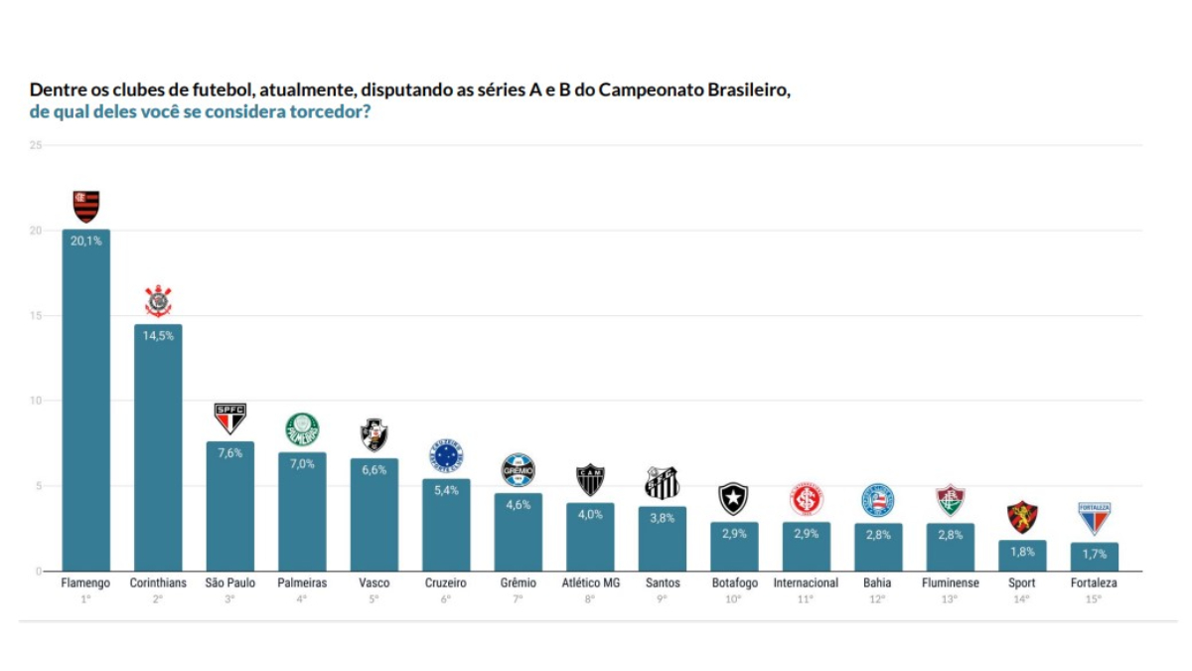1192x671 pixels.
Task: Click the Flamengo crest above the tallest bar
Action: tap(86, 206)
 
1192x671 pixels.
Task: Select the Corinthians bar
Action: tap(158, 448)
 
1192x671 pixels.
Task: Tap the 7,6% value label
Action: tap(229, 453)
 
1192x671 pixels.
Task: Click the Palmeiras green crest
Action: tap(302, 429)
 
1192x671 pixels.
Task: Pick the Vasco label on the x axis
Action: tap(374, 584)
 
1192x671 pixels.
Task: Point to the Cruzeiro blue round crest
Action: tap(446, 456)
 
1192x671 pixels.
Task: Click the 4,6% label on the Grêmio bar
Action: tap(519, 505)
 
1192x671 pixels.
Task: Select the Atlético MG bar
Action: tap(590, 538)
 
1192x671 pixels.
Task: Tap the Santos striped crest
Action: tap(662, 483)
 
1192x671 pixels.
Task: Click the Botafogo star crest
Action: tap(734, 498)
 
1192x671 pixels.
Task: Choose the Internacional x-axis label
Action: tap(806, 584)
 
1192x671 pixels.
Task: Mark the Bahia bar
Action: tap(878, 548)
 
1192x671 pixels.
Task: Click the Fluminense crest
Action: tap(951, 500)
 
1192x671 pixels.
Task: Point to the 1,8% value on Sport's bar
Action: tap(1022, 552)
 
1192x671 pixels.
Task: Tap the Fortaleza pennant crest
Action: tap(1094, 518)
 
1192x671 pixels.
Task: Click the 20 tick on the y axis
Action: tap(36, 231)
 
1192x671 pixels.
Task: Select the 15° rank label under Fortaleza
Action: tap(1094, 599)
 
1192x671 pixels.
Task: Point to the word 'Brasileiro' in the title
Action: tap(749, 90)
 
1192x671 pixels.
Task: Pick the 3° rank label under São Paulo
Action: tap(229, 599)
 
